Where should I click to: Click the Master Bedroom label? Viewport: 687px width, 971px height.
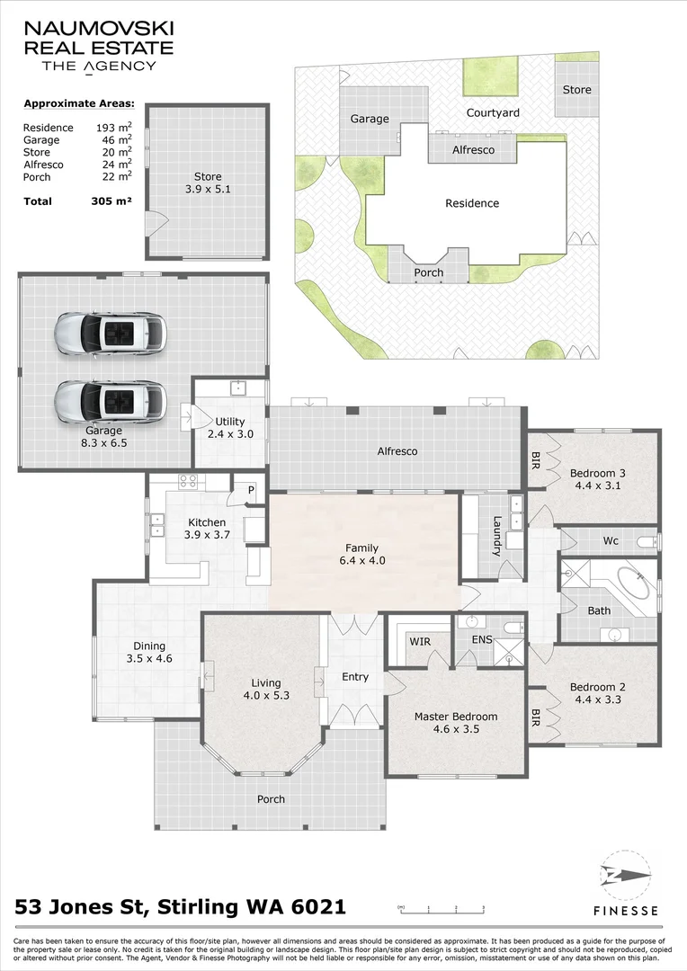456,717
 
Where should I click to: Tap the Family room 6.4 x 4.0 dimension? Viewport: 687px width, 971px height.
362,560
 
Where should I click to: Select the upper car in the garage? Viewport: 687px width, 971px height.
111,334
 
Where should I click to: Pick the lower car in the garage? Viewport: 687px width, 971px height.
111,401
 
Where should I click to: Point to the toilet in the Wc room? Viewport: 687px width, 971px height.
647,542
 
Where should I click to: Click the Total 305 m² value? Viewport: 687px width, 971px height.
111,200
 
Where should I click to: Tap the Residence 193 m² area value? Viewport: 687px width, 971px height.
113,128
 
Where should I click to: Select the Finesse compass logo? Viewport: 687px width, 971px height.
626,876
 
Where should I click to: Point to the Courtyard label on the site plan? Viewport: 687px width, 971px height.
493,112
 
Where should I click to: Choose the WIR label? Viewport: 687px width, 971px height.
420,642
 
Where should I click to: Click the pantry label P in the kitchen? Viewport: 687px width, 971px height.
251,491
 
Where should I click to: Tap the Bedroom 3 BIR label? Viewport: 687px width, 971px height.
536,460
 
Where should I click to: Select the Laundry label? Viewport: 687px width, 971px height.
497,536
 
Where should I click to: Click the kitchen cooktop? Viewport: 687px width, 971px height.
188,481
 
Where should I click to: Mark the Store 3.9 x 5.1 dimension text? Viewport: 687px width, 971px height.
208,190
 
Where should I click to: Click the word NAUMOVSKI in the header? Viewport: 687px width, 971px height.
99,29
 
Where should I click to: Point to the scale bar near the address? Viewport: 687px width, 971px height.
442,908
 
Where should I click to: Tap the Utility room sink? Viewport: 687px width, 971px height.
238,388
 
